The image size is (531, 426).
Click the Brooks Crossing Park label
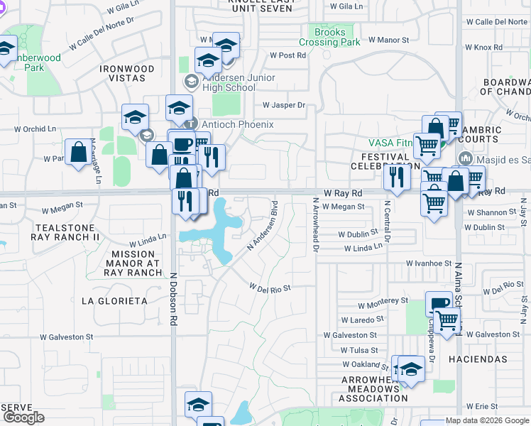tap(330, 37)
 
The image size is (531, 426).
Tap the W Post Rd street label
tap(287, 55)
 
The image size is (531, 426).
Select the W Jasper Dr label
tap(283, 105)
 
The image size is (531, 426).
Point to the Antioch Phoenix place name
tap(228, 124)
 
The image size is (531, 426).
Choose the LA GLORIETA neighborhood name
tap(114, 301)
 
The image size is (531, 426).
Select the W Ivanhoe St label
tap(429, 263)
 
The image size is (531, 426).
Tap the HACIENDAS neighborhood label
tap(478, 360)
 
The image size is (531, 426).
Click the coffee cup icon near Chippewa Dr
tap(439, 304)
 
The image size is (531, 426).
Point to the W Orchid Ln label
tap(35, 129)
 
